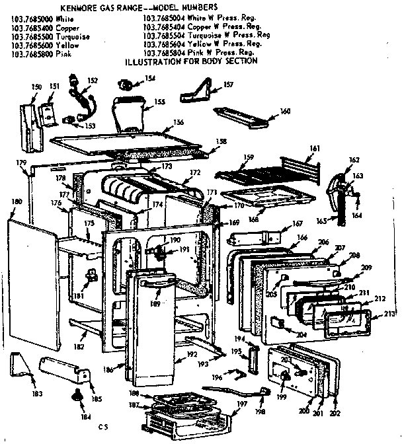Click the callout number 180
pos(17,201)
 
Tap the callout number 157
pos(229,85)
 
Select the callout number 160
pos(285,110)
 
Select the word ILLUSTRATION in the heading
pos(155,61)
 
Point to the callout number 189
pos(156,304)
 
